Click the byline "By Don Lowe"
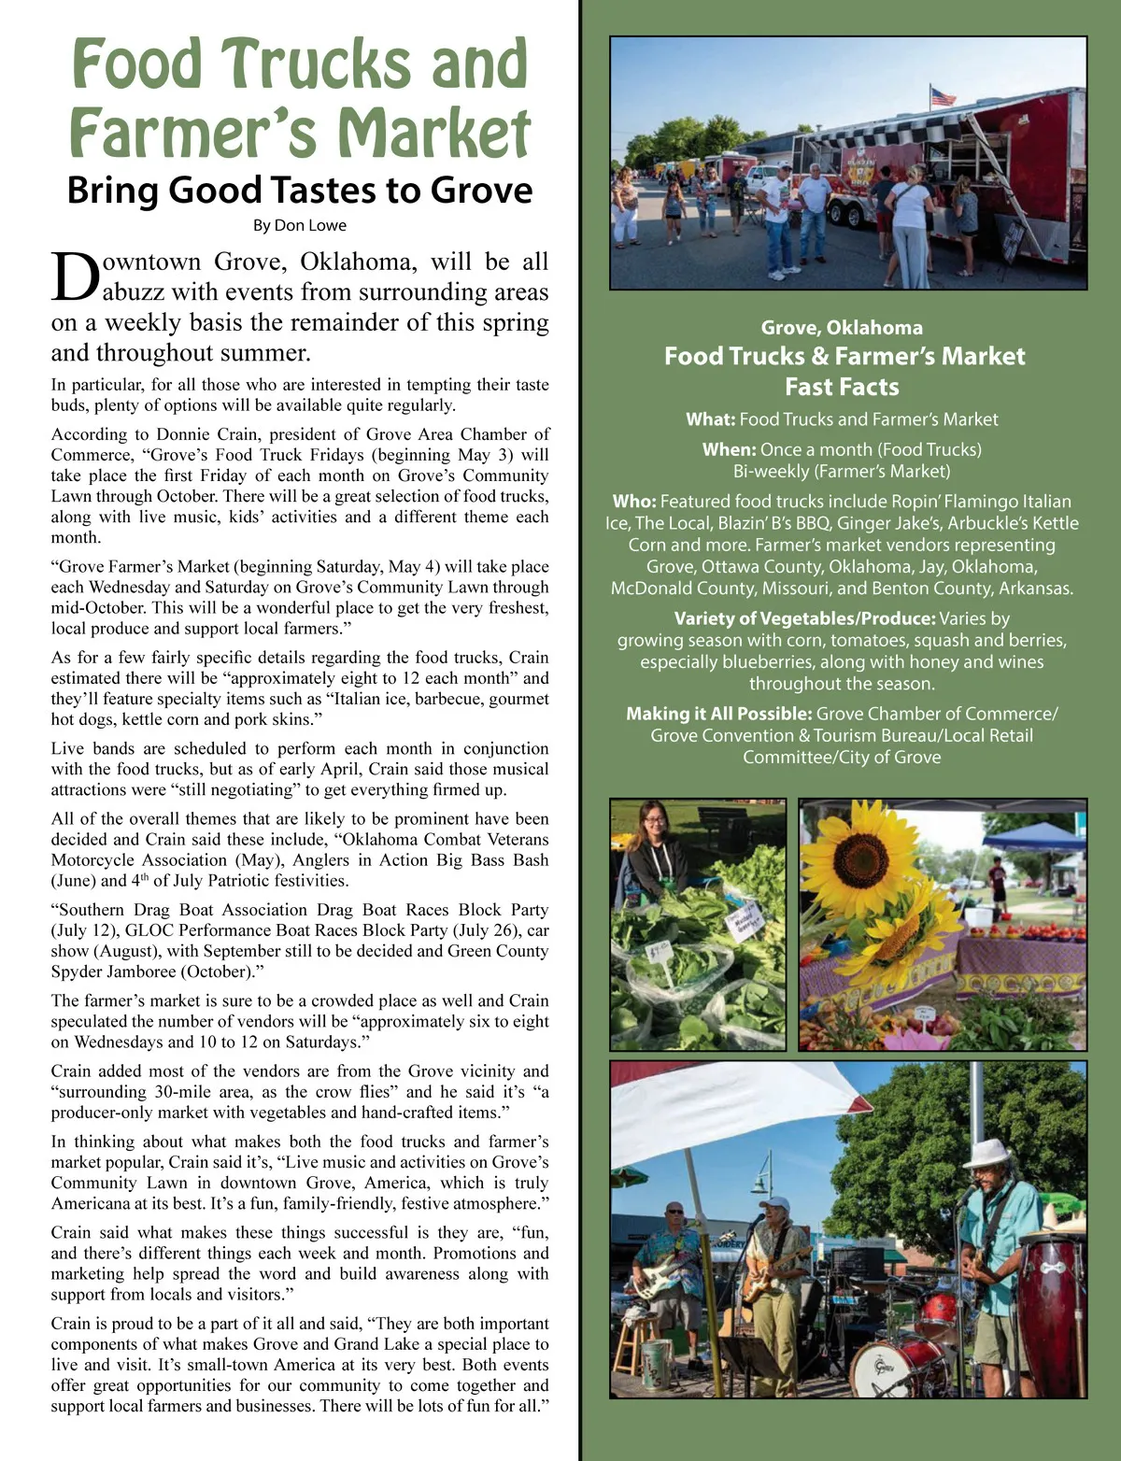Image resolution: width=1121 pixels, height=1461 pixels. pos(299,225)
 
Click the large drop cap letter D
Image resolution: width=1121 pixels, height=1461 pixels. pos(75,277)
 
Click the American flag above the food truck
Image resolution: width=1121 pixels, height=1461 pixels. pos(944,95)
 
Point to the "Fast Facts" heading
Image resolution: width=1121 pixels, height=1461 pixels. pos(842,387)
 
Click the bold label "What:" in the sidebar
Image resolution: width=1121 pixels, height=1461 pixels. pos(710,419)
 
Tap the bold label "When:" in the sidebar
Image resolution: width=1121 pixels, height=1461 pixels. pos(729,449)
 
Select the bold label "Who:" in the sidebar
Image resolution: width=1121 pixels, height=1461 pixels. pos(634,502)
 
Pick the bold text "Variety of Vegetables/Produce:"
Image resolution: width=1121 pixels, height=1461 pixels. pos(804,618)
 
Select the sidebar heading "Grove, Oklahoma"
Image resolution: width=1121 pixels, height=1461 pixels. pos(842,328)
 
